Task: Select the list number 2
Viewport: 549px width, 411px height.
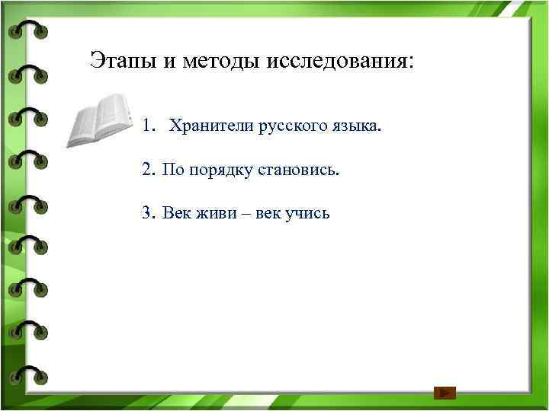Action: click(x=147, y=168)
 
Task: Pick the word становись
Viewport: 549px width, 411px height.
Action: click(x=302, y=168)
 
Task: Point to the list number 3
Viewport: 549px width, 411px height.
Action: click(x=147, y=212)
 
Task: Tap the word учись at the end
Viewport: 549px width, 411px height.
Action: click(x=308, y=213)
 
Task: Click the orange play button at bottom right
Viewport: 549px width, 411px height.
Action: click(x=445, y=393)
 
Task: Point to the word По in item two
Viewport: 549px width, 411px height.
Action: click(x=172, y=168)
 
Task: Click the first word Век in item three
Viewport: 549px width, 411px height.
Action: click(x=176, y=212)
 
